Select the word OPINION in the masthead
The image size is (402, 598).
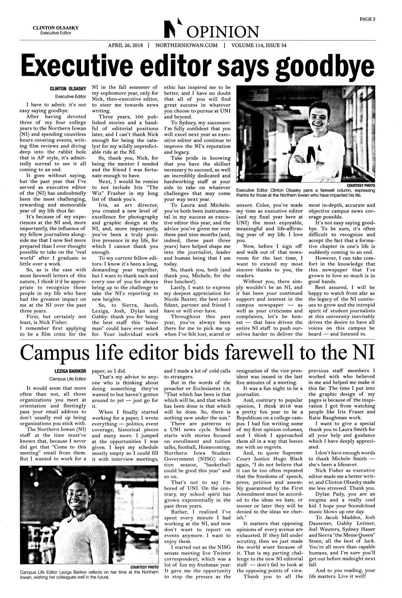[x=219, y=32]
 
